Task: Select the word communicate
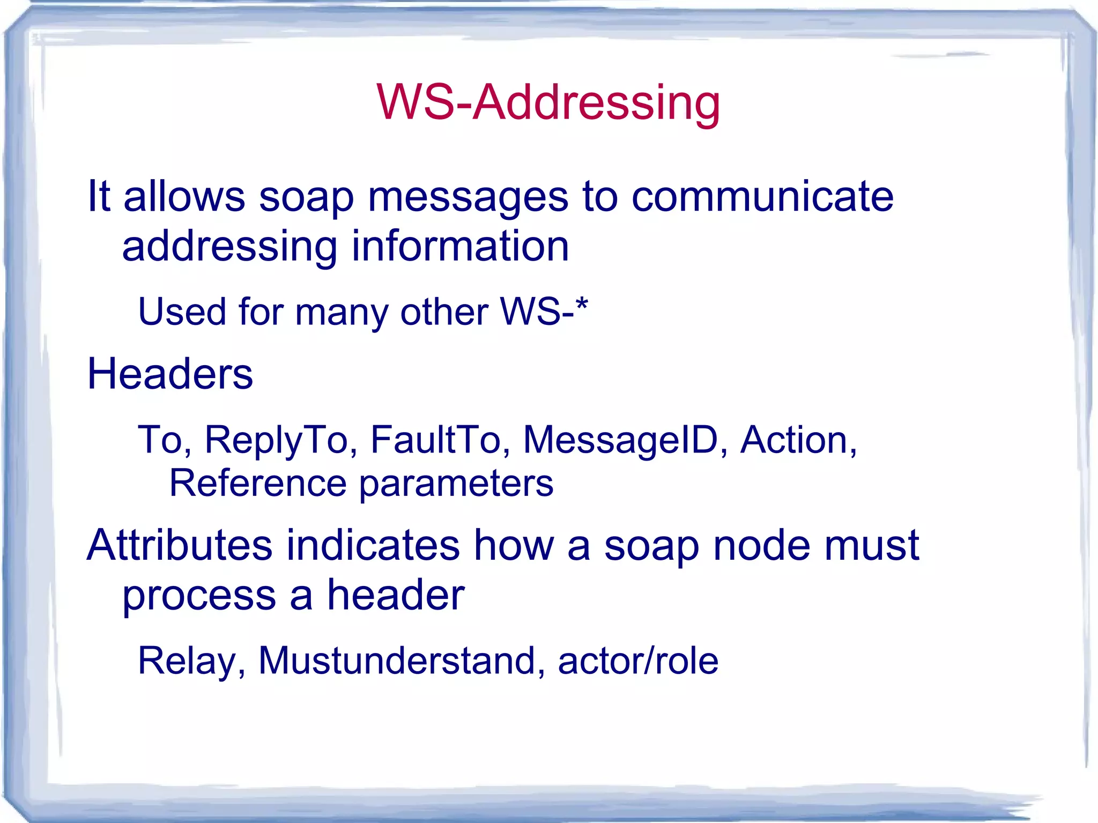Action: [762, 197]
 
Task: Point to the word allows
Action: [184, 197]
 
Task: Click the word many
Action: [341, 313]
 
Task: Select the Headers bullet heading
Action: [170, 374]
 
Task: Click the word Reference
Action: [257, 483]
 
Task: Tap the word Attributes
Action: [180, 545]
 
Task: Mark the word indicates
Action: [373, 545]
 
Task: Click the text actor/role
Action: [638, 660]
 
